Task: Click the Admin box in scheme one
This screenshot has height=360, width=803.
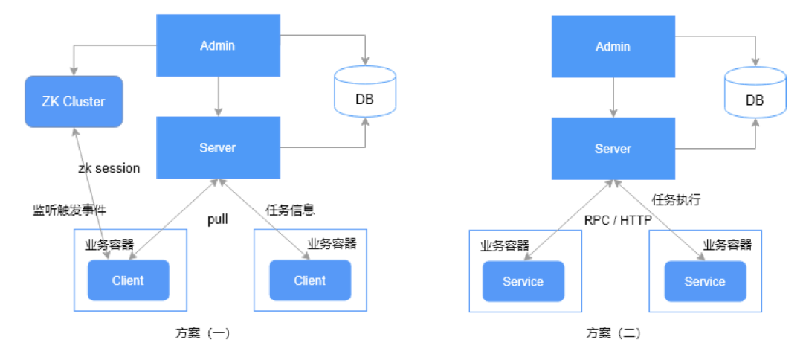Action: pyautogui.click(x=217, y=45)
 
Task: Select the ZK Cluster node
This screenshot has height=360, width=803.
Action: pyautogui.click(x=73, y=101)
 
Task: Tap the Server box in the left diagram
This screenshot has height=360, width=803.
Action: pyautogui.click(x=217, y=147)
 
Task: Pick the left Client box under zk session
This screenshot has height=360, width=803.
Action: pyautogui.click(x=128, y=280)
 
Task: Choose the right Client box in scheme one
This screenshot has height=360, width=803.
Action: pyautogui.click(x=309, y=280)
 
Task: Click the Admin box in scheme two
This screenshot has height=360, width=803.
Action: pyautogui.click(x=613, y=46)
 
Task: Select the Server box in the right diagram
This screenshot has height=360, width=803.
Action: pyautogui.click(x=613, y=149)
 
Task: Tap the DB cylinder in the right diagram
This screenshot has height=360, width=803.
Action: pyautogui.click(x=755, y=92)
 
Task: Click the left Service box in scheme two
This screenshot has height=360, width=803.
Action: pyautogui.click(x=523, y=281)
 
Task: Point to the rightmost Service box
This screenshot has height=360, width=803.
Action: pyautogui.click(x=704, y=281)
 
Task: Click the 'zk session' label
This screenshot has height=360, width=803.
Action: pyautogui.click(x=109, y=168)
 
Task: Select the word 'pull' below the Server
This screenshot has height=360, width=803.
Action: pyautogui.click(x=217, y=219)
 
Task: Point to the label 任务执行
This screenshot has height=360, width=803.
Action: pyautogui.click(x=676, y=200)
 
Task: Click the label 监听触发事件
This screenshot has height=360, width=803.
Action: pyautogui.click(x=64, y=210)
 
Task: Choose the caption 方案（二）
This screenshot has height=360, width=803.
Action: pyautogui.click(x=613, y=333)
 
